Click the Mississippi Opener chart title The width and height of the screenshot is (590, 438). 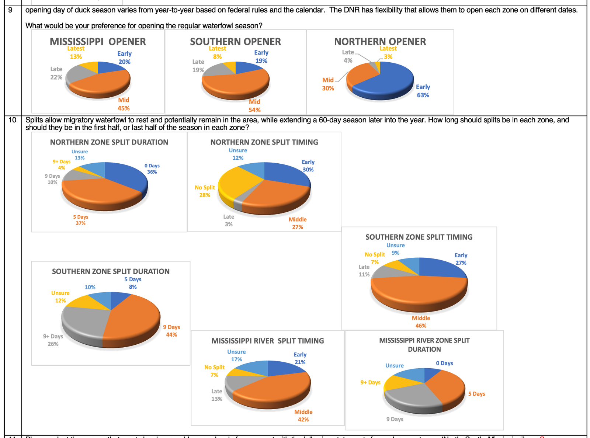click(98, 42)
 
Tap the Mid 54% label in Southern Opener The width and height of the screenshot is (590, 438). click(254, 106)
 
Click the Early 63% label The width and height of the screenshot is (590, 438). click(423, 91)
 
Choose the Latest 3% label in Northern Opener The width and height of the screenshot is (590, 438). click(388, 53)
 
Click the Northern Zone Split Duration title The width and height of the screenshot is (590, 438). click(109, 142)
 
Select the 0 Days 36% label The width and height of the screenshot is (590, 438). click(152, 169)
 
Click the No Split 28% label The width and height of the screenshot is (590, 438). click(205, 191)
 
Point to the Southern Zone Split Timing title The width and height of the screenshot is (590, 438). click(419, 237)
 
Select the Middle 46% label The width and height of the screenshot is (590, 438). click(421, 322)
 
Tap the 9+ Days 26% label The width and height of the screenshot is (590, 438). click(53, 340)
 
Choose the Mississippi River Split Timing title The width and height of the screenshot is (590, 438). click(268, 341)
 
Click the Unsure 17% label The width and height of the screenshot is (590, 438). click(236, 356)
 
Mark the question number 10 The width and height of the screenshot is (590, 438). click(13, 120)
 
